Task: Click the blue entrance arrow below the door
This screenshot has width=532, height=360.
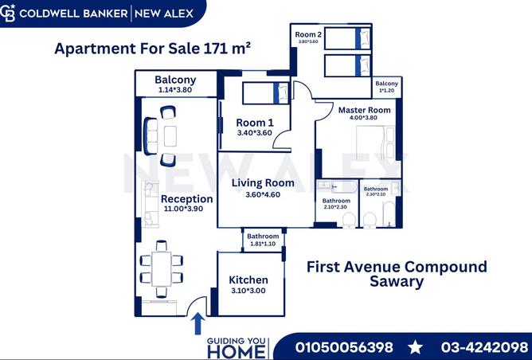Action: [x=198, y=323]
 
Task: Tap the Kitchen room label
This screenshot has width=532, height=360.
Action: [x=248, y=280]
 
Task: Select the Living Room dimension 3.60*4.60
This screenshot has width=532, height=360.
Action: [x=263, y=195]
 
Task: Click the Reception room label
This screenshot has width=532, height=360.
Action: [x=187, y=199]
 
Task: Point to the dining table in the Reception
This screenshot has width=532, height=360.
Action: [x=161, y=269]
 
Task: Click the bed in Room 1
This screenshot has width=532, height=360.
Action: [x=265, y=93]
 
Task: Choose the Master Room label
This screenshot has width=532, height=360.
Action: [x=365, y=110]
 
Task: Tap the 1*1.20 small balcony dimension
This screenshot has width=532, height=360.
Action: [x=387, y=91]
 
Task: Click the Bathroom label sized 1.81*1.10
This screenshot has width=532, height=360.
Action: [x=263, y=237]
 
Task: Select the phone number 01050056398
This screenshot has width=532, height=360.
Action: [x=344, y=347]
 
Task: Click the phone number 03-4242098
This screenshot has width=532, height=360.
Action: [x=485, y=347]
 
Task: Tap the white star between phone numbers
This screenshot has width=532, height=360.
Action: [x=415, y=348]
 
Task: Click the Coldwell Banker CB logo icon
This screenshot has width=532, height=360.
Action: [x=7, y=14]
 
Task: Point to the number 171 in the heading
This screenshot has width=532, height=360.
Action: [x=216, y=49]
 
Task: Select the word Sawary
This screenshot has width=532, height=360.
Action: [x=397, y=282]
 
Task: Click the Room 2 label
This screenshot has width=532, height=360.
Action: [x=308, y=34]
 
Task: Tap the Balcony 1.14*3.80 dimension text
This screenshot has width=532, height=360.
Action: [x=175, y=90]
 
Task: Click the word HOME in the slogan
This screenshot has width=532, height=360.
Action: [x=237, y=352]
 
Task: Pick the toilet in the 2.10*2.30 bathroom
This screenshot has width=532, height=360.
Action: [x=349, y=220]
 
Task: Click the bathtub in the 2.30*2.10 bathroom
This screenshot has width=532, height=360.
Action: [x=389, y=213]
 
